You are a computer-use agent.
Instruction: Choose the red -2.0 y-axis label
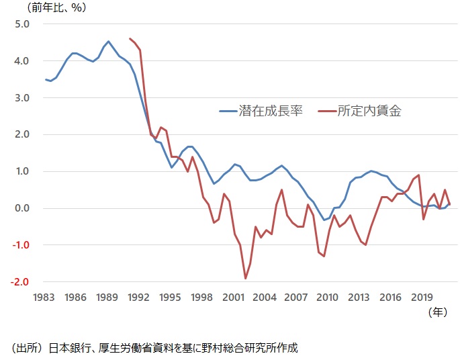tap(20, 281)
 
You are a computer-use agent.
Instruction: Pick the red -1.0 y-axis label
tap(20, 245)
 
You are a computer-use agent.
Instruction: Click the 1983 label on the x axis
tap(44, 298)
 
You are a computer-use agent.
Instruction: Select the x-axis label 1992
tap(138, 298)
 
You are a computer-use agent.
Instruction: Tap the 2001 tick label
tap(233, 298)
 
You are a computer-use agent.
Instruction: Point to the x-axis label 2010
tap(328, 298)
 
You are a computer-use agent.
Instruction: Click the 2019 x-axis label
tap(422, 298)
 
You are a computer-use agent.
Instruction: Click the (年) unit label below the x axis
tap(437, 312)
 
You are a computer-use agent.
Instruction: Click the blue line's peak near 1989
tap(109, 41)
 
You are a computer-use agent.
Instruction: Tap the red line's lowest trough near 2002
tap(246, 278)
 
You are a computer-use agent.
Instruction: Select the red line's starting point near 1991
tap(130, 39)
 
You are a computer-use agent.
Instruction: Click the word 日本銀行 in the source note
tap(68, 348)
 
